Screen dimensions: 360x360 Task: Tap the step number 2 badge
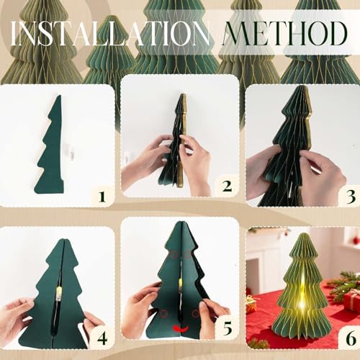click(x=226, y=187)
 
